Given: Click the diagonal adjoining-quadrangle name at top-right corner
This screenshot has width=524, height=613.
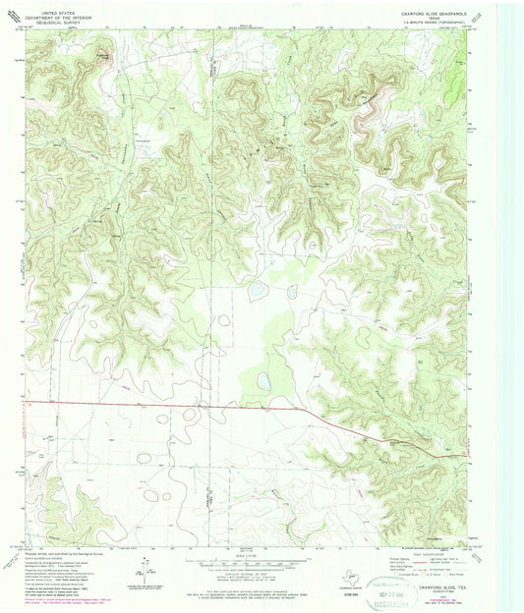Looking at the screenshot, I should click(x=478, y=14).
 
